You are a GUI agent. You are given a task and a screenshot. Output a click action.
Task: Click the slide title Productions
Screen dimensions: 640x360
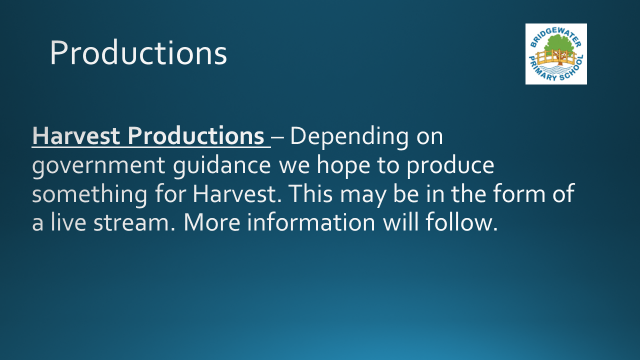click(138, 53)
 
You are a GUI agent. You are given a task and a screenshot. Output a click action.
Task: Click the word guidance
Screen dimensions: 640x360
click(222, 166)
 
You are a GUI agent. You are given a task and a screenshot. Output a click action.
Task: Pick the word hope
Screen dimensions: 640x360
click(343, 166)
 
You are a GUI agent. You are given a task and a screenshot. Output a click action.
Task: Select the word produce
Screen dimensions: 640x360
click(450, 166)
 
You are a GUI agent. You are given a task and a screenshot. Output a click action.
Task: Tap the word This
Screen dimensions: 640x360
click(310, 193)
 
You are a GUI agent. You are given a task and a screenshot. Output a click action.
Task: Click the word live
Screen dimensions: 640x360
click(68, 222)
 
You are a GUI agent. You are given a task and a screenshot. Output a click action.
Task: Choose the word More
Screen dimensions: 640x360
click(212, 222)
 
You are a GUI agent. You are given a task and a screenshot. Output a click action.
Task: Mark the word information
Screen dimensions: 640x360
click(311, 222)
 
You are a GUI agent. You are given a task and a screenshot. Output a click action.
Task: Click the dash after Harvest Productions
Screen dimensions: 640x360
click(277, 137)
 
